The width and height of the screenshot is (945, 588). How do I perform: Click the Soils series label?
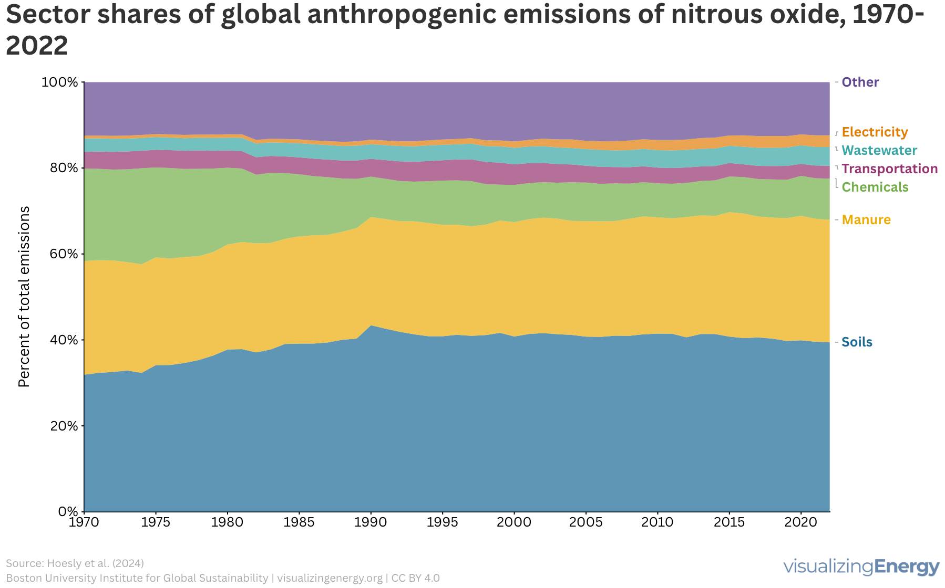pos(857,342)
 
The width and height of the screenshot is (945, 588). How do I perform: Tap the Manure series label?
pos(866,219)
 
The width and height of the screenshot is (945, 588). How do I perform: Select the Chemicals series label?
pos(875,187)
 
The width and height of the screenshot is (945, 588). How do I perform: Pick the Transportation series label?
pos(889,169)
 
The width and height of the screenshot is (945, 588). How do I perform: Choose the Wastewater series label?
pos(879,150)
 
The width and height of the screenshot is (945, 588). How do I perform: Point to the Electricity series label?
pos(875,132)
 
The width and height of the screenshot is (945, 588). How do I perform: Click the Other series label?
pos(860,82)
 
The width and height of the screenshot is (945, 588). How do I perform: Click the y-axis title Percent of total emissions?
pos(24,297)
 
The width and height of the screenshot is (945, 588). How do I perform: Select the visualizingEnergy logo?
pos(861,567)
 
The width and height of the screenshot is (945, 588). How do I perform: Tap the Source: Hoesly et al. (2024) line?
pos(75,563)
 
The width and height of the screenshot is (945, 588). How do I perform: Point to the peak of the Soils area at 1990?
pos(371,325)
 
